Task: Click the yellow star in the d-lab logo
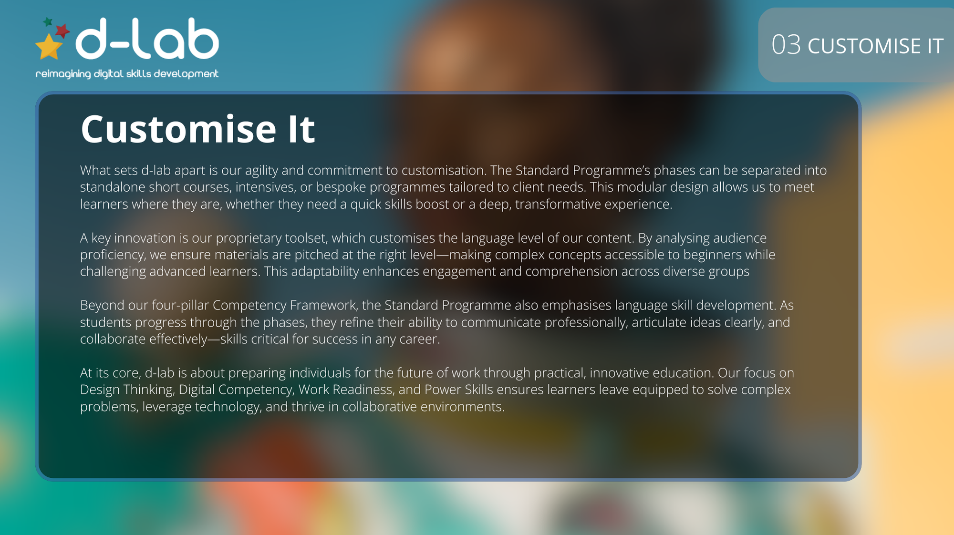49,47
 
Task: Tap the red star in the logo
62,31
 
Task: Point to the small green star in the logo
48,22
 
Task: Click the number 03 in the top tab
786,45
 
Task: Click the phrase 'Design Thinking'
127,390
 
